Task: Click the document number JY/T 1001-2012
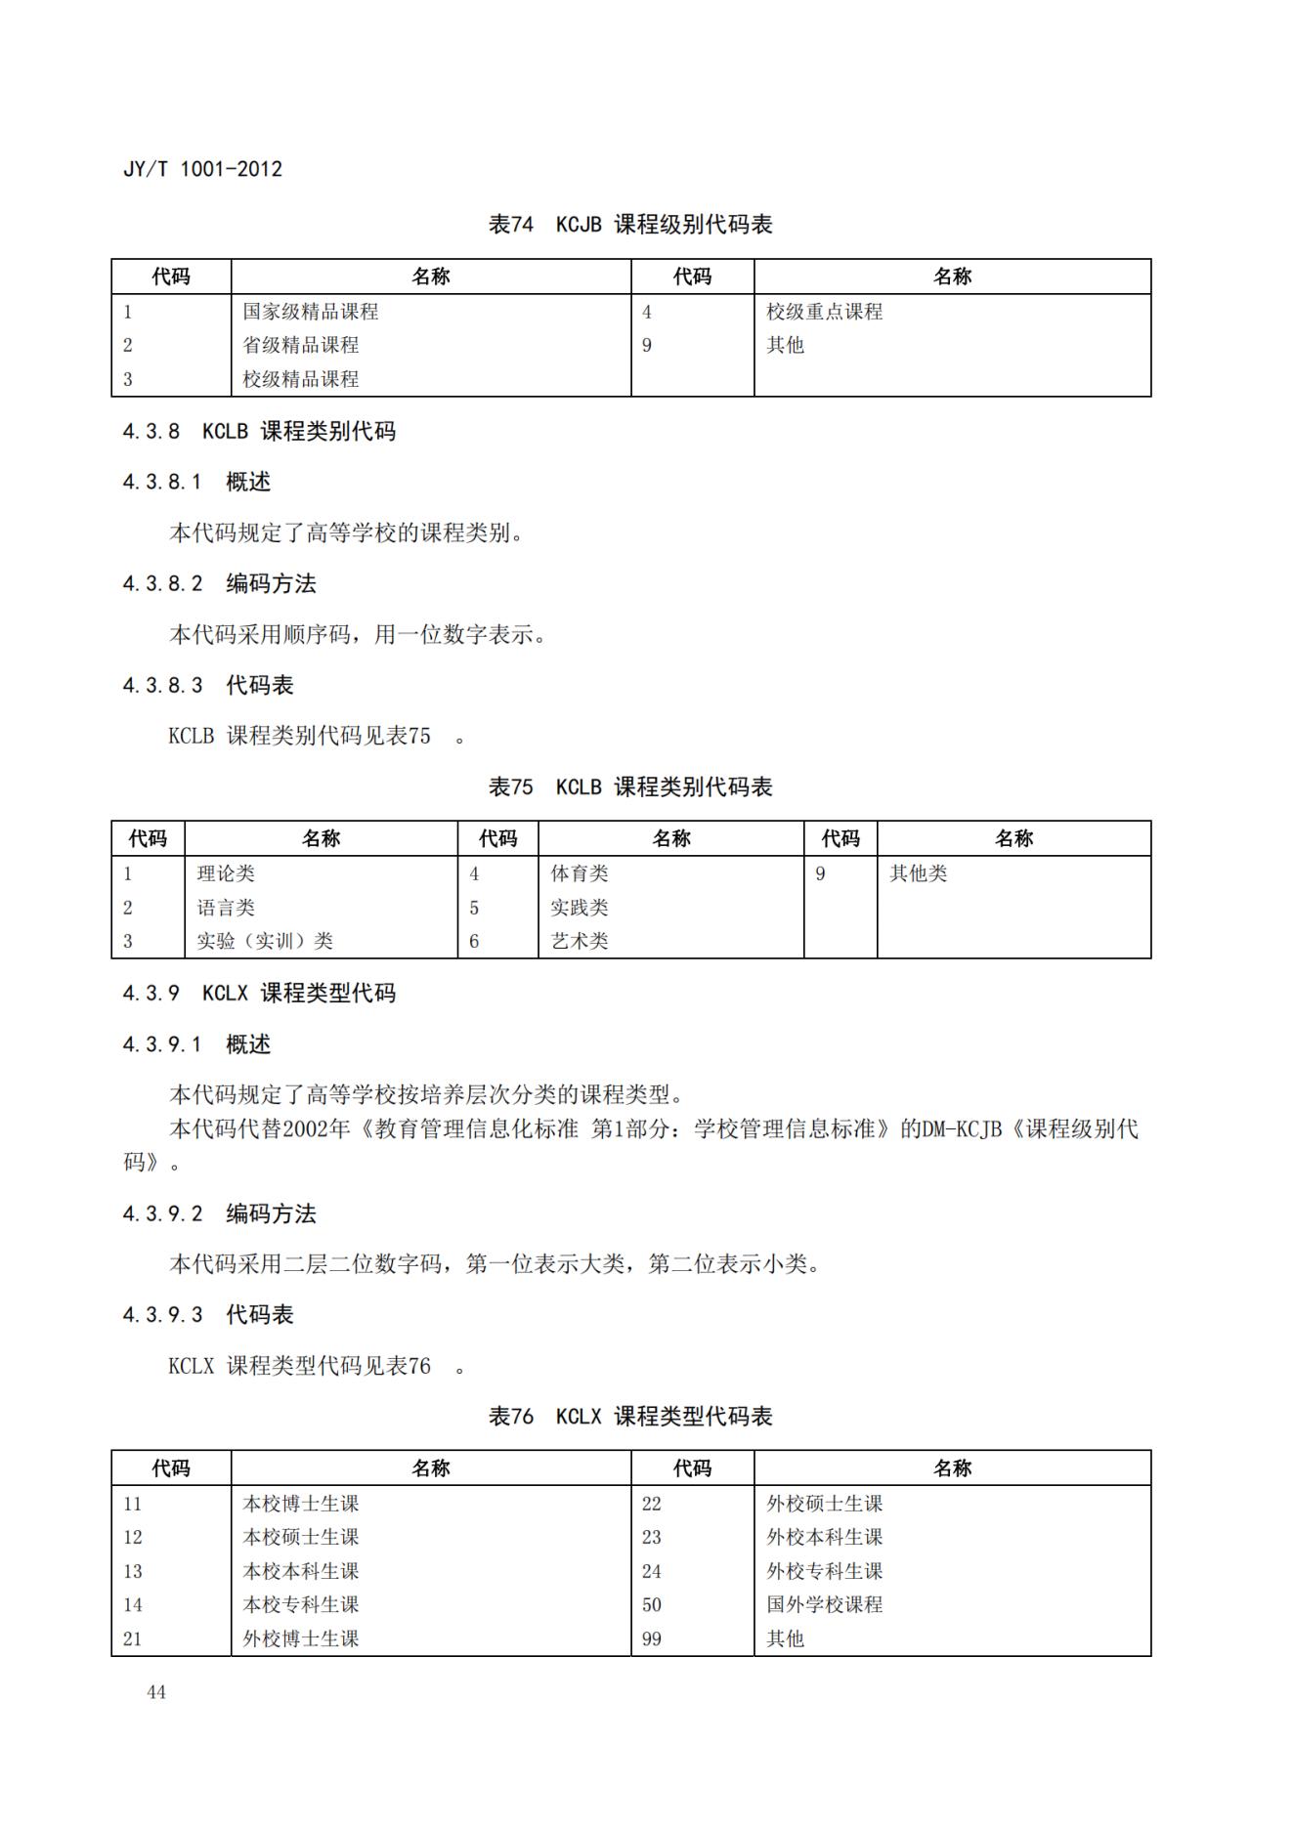pos(202,169)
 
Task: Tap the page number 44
pos(156,1692)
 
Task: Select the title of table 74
pos(630,225)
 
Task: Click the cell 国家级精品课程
pos(311,312)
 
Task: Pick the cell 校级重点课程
pos(824,312)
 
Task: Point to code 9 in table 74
pos(647,345)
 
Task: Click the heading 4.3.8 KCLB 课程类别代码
pos(259,431)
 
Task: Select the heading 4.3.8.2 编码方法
pos(220,583)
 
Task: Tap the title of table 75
pos(630,786)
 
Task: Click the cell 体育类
pos(580,873)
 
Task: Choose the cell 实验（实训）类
pos(265,941)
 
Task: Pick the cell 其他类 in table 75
pos(918,873)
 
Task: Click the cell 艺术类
pos(580,941)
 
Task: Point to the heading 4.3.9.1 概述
pos(196,1044)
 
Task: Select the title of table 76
pos(630,1416)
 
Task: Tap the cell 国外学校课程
pos(824,1604)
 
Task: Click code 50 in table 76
pos(652,1604)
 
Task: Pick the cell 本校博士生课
pos(301,1504)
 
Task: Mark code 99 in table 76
pos(652,1638)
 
